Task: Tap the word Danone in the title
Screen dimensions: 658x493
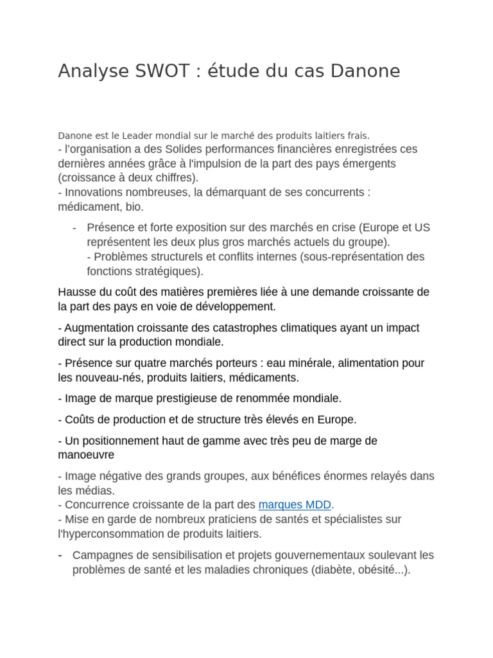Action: click(365, 71)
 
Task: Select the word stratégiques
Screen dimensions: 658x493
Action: click(169, 271)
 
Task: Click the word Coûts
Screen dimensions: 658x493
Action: click(79, 420)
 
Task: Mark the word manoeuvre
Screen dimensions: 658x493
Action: click(86, 455)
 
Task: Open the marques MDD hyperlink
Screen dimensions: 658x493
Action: click(295, 504)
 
